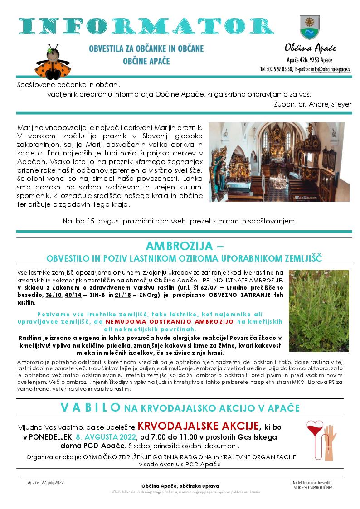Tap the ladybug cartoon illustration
click(54, 61)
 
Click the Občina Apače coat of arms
click(310, 27)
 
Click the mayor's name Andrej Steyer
click(329, 104)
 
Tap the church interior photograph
click(276, 162)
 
